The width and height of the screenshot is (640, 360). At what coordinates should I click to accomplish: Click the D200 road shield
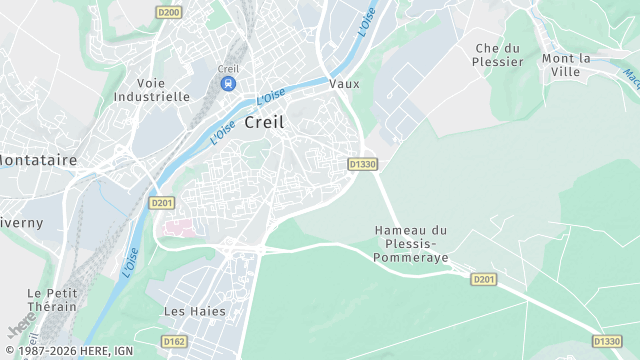point(169,12)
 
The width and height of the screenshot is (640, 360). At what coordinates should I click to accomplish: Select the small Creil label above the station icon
point(229,68)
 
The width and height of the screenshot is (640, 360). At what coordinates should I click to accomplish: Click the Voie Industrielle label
point(152,90)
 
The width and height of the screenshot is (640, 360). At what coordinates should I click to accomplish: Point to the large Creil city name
point(264,121)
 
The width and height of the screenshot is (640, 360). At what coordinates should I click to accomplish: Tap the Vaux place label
point(344,84)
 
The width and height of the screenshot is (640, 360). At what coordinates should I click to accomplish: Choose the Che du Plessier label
point(499,55)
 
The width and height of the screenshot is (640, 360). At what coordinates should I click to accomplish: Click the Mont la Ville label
point(567,65)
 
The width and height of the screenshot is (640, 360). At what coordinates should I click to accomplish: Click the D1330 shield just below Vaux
point(362,164)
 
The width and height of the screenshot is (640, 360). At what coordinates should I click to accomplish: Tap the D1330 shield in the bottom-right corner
point(605,341)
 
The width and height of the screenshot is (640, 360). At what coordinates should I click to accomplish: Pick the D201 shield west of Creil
point(161,202)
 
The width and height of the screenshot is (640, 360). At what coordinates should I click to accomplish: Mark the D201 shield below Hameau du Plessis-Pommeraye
point(484,279)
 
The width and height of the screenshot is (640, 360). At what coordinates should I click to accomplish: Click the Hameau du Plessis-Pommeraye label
point(410,244)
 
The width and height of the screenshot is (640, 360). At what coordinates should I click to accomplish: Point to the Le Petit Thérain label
point(52,300)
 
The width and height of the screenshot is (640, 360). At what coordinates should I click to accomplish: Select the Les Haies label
point(194,311)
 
